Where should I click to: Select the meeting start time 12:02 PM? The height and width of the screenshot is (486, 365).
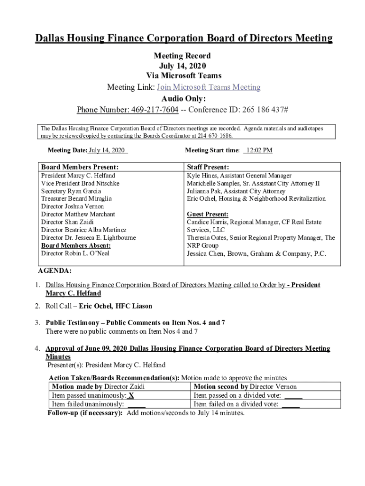(258, 150)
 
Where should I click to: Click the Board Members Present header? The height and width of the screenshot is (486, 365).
(80, 167)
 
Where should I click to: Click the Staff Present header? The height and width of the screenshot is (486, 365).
(208, 167)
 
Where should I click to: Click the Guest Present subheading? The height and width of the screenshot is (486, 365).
(207, 215)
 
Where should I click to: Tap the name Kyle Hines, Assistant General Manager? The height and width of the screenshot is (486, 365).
(239, 176)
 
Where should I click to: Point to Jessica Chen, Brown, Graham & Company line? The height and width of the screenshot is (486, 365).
(256, 254)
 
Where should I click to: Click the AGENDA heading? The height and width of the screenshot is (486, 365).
(55, 271)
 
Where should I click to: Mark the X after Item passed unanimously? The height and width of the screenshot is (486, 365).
(131, 395)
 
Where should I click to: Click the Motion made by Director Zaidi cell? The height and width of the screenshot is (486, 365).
(98, 387)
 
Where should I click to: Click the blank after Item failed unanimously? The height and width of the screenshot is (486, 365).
(136, 404)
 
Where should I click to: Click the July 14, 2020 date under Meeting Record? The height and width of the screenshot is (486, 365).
(182, 66)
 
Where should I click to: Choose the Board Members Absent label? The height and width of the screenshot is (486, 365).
(76, 245)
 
